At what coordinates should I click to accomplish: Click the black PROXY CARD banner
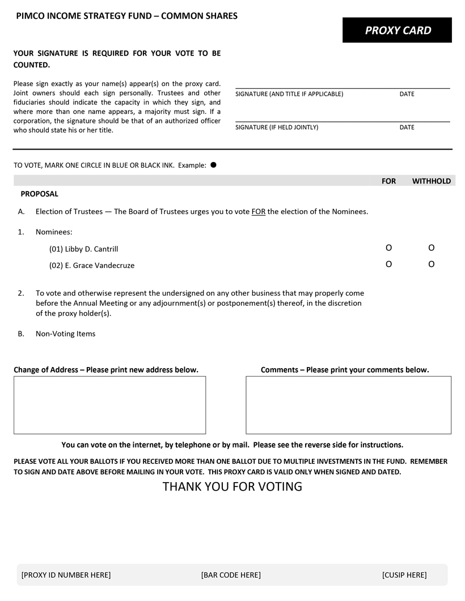(397, 30)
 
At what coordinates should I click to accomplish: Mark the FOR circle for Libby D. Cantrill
(388, 248)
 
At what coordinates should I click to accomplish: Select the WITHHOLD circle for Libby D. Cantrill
(432, 248)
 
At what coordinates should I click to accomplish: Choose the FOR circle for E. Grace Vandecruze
(388, 264)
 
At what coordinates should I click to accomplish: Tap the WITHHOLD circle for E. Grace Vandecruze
(432, 264)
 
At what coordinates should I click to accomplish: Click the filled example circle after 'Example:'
(213, 165)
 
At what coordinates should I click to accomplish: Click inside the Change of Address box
(109, 405)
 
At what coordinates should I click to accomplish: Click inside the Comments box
(348, 405)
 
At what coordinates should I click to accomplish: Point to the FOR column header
(389, 181)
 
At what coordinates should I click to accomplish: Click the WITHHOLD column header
(432, 181)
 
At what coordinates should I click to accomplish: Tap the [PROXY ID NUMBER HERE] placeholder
(66, 575)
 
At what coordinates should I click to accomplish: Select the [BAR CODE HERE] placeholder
(231, 575)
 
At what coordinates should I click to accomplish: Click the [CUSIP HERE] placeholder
(404, 575)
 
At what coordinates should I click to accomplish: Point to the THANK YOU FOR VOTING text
(232, 487)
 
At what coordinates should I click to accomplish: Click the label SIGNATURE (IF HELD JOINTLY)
(277, 127)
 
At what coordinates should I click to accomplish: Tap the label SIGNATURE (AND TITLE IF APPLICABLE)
(289, 94)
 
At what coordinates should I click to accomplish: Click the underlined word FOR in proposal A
(259, 212)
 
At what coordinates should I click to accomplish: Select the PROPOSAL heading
(40, 194)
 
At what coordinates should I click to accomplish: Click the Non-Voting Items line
(65, 334)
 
